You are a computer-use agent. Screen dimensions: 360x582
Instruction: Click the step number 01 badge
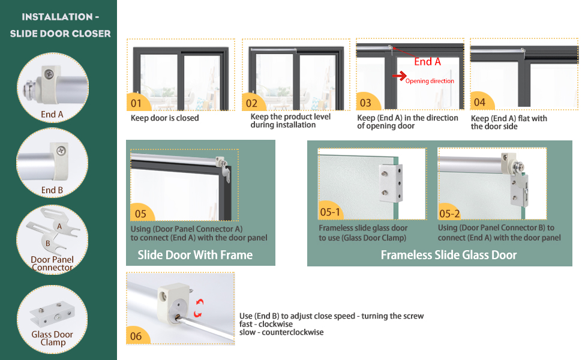136,103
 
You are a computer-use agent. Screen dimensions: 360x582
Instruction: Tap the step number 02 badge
252,103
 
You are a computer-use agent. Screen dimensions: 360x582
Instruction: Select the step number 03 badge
365,103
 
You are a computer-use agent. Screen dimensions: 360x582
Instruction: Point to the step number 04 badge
479,102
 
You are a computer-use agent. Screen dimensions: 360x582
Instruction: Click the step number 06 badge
136,336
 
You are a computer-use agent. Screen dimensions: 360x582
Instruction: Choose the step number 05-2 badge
449,212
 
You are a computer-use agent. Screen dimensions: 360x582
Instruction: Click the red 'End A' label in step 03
427,61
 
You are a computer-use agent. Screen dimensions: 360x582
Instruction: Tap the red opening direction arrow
398,76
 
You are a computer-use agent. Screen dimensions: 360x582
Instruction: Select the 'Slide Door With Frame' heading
195,255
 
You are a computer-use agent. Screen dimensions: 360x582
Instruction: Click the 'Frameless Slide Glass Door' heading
449,255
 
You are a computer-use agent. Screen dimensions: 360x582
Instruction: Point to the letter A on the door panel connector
59,226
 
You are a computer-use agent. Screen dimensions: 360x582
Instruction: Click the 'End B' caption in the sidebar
52,190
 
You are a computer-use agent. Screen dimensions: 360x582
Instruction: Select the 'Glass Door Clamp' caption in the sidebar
52,338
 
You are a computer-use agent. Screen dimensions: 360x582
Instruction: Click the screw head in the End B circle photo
58,145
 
